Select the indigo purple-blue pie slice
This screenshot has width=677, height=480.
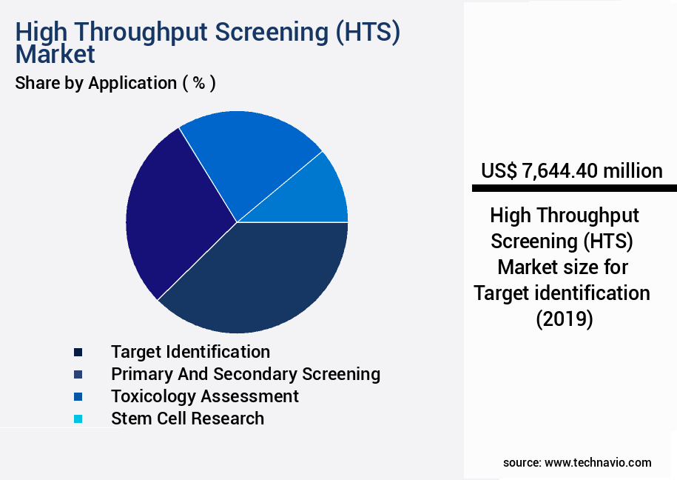click(x=174, y=215)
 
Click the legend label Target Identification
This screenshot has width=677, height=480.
click(x=190, y=351)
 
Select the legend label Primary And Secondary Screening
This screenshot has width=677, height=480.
click(x=245, y=373)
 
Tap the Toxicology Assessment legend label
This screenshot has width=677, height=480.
click(x=205, y=396)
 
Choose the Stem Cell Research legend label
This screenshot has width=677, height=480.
click(x=187, y=418)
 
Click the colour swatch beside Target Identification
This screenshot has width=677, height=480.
click(x=78, y=352)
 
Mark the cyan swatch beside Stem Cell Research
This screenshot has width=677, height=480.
click(x=78, y=419)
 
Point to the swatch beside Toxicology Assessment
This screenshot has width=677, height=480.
click(x=78, y=396)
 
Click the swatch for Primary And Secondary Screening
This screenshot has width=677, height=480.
click(x=78, y=374)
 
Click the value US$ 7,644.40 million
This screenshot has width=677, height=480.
click(x=571, y=171)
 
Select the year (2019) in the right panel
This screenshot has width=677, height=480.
click(x=564, y=319)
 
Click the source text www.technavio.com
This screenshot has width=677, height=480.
click(x=598, y=462)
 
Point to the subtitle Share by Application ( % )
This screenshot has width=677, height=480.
click(x=115, y=83)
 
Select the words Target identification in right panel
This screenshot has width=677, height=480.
click(x=562, y=293)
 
